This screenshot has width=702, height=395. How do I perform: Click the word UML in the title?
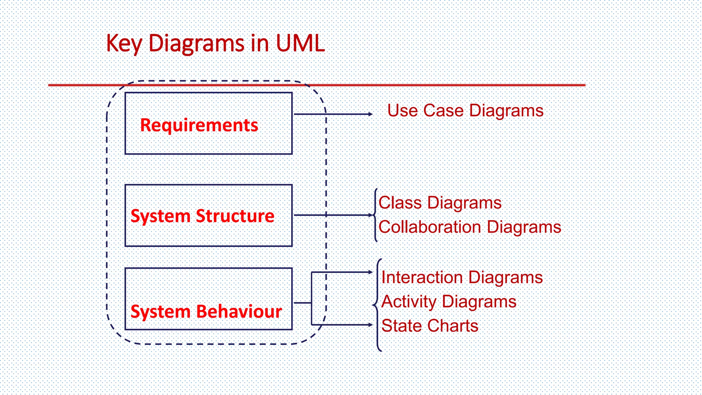tap(300, 44)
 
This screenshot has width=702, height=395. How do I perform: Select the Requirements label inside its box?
tap(199, 125)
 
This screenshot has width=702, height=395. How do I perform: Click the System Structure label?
tap(202, 216)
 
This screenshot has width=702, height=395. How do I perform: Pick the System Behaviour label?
tap(206, 312)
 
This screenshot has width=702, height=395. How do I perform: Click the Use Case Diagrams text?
tap(465, 111)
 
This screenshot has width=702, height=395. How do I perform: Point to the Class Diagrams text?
tap(440, 203)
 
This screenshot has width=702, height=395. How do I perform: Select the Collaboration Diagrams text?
tap(470, 227)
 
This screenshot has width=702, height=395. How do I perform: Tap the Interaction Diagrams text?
tap(462, 277)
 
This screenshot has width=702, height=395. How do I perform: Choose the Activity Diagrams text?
tap(448, 302)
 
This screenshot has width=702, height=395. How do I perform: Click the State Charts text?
tap(429, 326)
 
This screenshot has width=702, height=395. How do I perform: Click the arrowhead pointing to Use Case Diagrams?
tap(370, 114)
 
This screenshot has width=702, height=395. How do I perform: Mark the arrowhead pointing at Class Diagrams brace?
tap(370, 215)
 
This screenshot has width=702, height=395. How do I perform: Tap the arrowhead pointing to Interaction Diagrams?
tap(370, 272)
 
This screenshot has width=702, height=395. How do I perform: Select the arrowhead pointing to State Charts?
tap(370, 324)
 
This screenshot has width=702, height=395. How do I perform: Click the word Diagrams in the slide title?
tap(196, 44)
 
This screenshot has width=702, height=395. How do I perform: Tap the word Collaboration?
tap(430, 227)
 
